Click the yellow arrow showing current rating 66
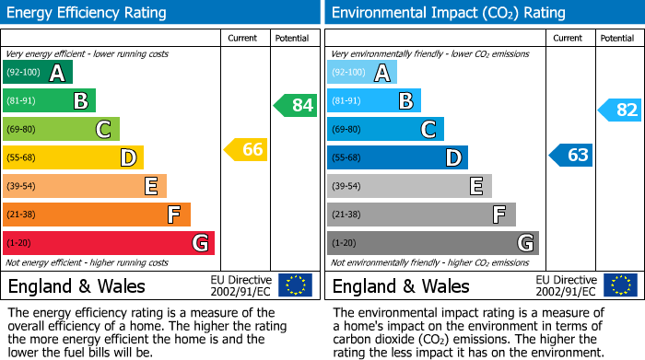tap(246, 149)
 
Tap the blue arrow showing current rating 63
tap(570, 155)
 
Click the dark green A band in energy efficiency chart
tap(38, 73)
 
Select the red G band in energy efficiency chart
tap(109, 243)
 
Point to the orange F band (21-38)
tap(97, 215)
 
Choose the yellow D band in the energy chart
tap(73, 157)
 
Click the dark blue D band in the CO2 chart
tap(397, 157)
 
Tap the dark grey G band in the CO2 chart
tap(432, 243)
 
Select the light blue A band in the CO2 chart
tap(362, 73)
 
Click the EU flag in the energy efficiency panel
tap(295, 285)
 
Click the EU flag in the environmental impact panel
tap(619, 285)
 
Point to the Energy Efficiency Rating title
tap(88, 13)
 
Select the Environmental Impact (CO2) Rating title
tap(448, 13)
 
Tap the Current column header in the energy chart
tap(244, 38)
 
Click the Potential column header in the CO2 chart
tap(617, 38)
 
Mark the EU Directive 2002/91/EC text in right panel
tap(566, 285)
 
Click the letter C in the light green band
tap(103, 130)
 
